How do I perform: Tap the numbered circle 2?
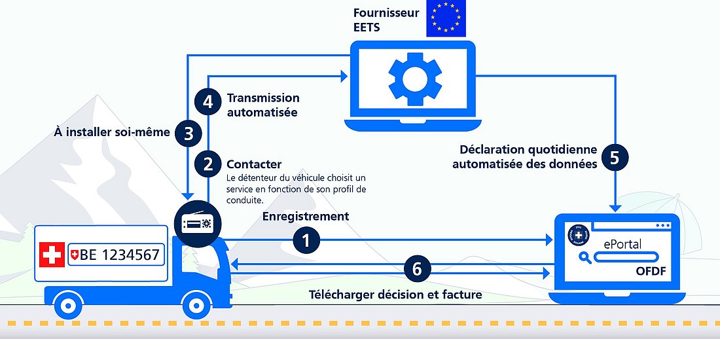click(x=208, y=164)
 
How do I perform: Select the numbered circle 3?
click(x=189, y=134)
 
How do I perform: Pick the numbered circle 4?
click(x=208, y=102)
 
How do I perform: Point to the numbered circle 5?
click(x=614, y=157)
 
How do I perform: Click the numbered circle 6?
click(x=418, y=268)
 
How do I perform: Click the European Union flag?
click(x=446, y=19)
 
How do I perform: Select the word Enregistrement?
click(x=306, y=217)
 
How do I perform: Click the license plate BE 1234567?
click(x=115, y=255)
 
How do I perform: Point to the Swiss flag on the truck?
click(x=52, y=255)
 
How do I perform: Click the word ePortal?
click(x=622, y=244)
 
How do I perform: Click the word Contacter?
click(x=254, y=164)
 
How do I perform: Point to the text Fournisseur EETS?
click(x=386, y=20)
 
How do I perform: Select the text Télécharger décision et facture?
click(x=395, y=295)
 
